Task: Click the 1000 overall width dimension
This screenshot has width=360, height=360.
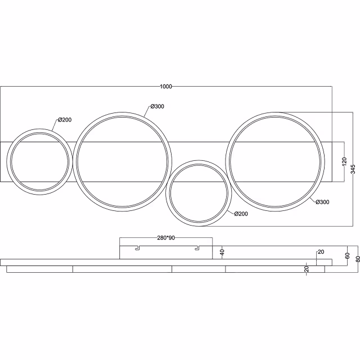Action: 166,87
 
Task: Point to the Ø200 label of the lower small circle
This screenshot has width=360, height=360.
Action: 240,214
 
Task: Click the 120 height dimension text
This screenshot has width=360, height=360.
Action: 344,161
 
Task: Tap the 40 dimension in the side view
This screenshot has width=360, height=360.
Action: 222,253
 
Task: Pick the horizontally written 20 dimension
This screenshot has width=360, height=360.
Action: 321,252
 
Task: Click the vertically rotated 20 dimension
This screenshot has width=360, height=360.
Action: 307,269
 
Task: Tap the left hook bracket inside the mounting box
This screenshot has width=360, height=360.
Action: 137,247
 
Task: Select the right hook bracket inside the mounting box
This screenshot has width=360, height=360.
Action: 197,247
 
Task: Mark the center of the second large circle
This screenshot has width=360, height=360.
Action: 123,160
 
